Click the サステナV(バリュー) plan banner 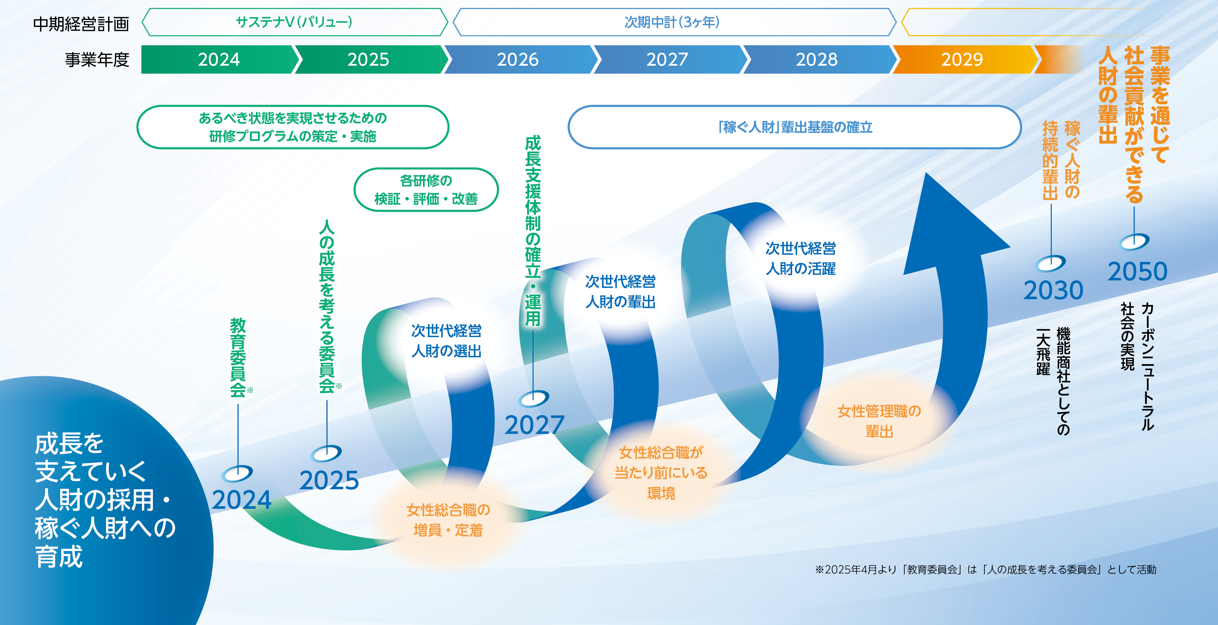[x=294, y=22]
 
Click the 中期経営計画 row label [x=81, y=24]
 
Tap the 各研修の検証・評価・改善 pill [x=426, y=189]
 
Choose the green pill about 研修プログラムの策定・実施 [x=293, y=127]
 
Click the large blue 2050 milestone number [x=1138, y=271]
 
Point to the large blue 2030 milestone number [x=1053, y=290]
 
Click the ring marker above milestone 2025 [x=326, y=453]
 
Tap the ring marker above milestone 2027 [x=533, y=399]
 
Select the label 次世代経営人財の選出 [x=446, y=341]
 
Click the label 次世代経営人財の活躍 [x=800, y=258]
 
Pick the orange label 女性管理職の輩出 [x=879, y=421]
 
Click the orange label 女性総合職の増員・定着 [x=448, y=520]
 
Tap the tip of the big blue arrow [x=925, y=173]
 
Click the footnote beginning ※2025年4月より [x=986, y=570]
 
